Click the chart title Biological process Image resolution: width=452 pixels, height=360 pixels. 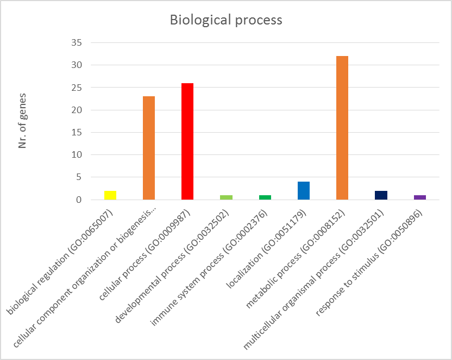click(226, 20)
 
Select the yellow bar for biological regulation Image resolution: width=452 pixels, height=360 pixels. click(110, 195)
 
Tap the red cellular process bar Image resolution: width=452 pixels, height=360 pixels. click(187, 141)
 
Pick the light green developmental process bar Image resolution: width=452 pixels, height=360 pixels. click(226, 197)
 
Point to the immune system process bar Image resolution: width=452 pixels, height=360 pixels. click(265, 197)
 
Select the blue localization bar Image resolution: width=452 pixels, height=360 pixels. click(303, 191)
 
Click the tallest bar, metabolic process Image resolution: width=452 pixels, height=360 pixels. click(342, 128)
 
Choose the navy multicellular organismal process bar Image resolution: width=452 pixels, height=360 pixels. click(381, 195)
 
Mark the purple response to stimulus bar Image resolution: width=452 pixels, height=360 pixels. click(419, 197)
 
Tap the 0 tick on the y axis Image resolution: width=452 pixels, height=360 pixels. click(79, 200)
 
